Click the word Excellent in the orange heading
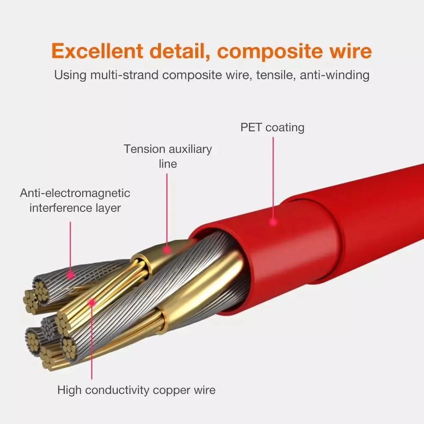click(97, 51)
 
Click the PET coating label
click(272, 127)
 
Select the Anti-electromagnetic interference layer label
click(75, 200)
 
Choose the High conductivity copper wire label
click(136, 390)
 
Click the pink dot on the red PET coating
click(273, 222)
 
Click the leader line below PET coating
click(273, 178)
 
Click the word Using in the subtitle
click(70, 75)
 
